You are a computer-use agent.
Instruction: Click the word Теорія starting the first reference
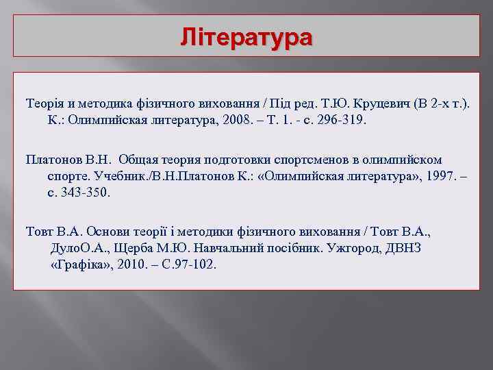[x=45, y=103]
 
